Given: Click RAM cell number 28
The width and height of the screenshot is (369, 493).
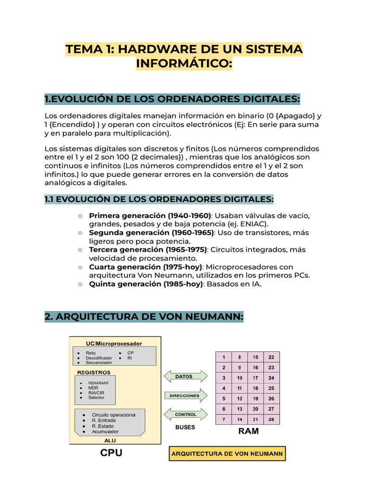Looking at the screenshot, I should [271, 419].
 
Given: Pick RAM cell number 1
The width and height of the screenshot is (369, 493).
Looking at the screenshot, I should [224, 357].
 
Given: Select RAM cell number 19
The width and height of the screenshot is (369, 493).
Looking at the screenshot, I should [256, 399].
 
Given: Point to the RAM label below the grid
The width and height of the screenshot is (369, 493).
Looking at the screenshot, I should [248, 431].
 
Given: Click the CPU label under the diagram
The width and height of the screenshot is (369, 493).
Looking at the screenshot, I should [111, 453].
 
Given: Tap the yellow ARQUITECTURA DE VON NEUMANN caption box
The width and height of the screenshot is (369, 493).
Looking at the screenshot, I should [227, 454].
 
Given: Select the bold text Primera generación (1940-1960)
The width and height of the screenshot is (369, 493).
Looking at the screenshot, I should [150, 215].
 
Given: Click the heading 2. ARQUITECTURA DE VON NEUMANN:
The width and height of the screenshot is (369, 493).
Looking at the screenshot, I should [144, 317].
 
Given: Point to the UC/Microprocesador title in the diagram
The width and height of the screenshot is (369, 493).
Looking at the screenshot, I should [114, 343].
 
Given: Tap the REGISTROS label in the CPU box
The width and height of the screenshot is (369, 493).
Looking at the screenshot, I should [94, 372].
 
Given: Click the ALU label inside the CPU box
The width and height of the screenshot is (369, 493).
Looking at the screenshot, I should [110, 440].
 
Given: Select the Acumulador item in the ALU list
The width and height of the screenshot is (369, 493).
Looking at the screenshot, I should [105, 432].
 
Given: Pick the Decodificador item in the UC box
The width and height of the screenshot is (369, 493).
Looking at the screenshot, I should [98, 358].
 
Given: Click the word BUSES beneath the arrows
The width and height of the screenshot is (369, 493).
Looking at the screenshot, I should [185, 427].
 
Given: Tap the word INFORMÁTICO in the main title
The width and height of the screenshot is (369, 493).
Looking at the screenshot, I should [184, 64].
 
